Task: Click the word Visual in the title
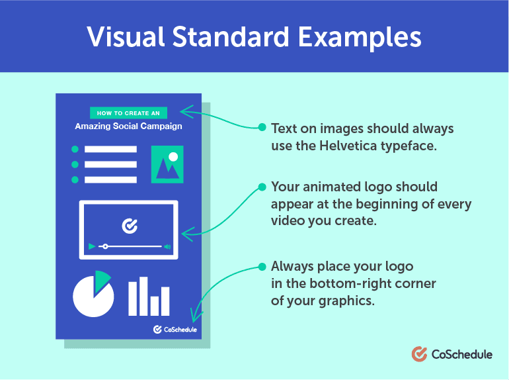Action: click(x=126, y=36)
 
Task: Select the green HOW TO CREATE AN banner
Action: click(x=128, y=113)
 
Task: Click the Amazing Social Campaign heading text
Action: click(x=128, y=126)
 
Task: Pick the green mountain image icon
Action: click(x=167, y=164)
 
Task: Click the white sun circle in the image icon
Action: click(x=173, y=157)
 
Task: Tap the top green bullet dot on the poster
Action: click(x=75, y=149)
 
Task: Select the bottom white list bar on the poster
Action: click(x=110, y=180)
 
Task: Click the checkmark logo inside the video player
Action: click(x=130, y=226)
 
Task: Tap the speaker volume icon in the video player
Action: click(x=167, y=247)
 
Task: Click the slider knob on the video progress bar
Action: click(x=105, y=246)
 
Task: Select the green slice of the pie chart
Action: click(x=102, y=281)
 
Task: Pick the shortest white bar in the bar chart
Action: click(x=155, y=306)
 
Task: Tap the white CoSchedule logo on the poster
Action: click(x=175, y=330)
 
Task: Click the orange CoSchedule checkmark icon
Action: click(x=419, y=354)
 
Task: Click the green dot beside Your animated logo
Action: click(x=262, y=187)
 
